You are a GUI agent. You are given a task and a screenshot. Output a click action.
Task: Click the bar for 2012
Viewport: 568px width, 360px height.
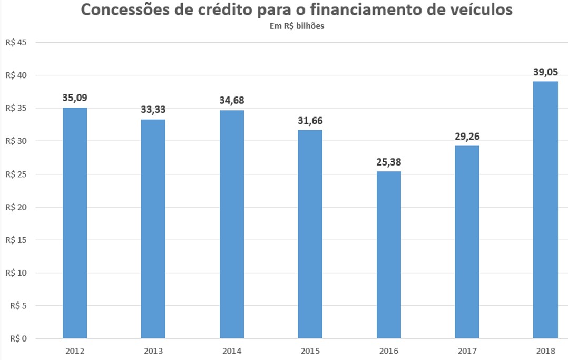[x=75, y=223]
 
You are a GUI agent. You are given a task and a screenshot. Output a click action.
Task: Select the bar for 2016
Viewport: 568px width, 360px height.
[x=388, y=255]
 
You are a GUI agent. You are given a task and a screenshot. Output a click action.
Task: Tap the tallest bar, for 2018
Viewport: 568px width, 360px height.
[x=545, y=210]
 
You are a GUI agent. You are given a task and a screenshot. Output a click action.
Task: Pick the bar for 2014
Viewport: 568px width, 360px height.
[x=232, y=224]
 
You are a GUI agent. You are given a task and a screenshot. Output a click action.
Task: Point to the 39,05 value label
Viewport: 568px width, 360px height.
[x=545, y=73]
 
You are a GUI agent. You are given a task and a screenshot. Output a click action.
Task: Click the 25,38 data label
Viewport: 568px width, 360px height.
[x=388, y=162]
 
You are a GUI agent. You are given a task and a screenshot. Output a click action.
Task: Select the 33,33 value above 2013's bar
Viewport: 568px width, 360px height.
[x=153, y=110]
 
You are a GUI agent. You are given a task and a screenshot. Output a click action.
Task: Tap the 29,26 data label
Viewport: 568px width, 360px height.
[x=467, y=137]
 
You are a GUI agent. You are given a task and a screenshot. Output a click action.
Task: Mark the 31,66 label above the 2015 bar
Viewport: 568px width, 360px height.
[x=310, y=121]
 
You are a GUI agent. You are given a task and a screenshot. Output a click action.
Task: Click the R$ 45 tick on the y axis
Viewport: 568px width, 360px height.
[x=16, y=43]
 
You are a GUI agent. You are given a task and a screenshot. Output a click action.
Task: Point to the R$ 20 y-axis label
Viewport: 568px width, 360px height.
[x=16, y=207]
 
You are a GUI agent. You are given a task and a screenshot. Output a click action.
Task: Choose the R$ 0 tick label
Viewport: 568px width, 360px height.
[x=18, y=338]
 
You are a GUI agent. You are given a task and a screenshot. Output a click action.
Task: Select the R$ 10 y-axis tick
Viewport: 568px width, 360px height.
[x=16, y=273]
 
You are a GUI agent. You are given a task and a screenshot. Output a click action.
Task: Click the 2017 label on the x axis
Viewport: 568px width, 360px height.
[x=467, y=351]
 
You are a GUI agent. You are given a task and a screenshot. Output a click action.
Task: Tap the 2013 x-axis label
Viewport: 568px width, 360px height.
[x=153, y=351]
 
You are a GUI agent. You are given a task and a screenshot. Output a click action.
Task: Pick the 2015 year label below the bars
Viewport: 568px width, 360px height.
[x=310, y=351]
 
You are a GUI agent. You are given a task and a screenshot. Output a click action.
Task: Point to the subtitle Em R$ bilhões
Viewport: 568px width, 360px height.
[x=296, y=26]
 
